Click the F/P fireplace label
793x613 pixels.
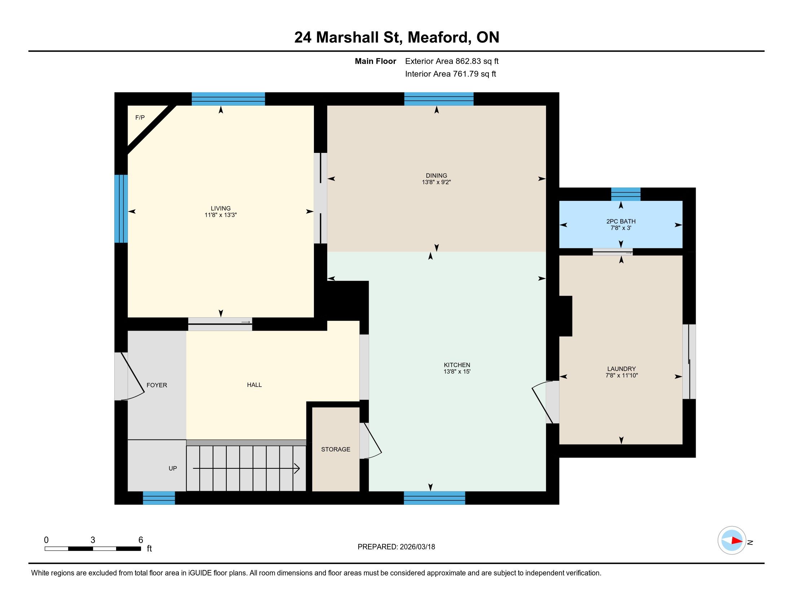pyautogui.click(x=140, y=117)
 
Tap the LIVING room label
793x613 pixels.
pyautogui.click(x=221, y=208)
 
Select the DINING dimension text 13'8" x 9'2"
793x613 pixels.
pyautogui.click(x=437, y=182)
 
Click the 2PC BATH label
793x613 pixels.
pyautogui.click(x=621, y=221)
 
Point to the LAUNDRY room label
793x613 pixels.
pyautogui.click(x=621, y=369)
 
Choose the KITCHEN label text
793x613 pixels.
pyautogui.click(x=457, y=365)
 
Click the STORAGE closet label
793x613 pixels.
pyautogui.click(x=336, y=449)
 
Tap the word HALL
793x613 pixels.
pyautogui.click(x=254, y=385)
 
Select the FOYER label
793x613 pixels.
pyautogui.click(x=157, y=385)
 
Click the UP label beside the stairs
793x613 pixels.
pyautogui.click(x=173, y=468)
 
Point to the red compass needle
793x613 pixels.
pyautogui.click(x=737, y=541)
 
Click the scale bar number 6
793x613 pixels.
pyautogui.click(x=141, y=540)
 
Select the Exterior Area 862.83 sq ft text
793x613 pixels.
pyautogui.click(x=452, y=61)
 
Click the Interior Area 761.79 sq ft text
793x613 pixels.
pyautogui.click(x=450, y=74)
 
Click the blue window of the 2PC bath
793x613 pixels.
pyautogui.click(x=626, y=194)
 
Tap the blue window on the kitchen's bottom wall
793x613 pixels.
pyautogui.click(x=434, y=498)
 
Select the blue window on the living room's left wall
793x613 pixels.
pyautogui.click(x=121, y=208)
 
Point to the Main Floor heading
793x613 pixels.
pyautogui.click(x=376, y=61)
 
